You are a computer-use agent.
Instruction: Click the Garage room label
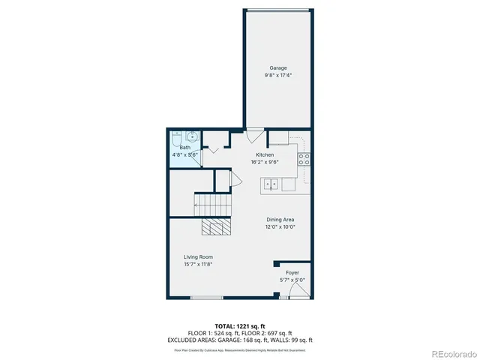tap(278, 68)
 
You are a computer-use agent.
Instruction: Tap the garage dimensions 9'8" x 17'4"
tap(278, 75)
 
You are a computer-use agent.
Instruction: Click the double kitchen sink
tap(271, 183)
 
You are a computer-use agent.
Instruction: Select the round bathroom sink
tap(192, 137)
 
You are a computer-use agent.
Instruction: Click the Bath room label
tap(184, 148)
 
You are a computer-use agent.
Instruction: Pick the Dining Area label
tap(279, 220)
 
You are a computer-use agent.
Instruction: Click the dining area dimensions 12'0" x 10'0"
tap(279, 226)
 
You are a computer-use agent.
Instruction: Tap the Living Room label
tap(199, 257)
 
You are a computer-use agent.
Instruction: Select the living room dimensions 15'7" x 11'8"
tap(199, 264)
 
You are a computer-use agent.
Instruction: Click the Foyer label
tap(292, 273)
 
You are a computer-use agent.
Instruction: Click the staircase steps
tap(214, 202)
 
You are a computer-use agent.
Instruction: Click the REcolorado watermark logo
tap(447, 353)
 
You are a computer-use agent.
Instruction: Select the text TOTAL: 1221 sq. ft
tap(239, 326)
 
